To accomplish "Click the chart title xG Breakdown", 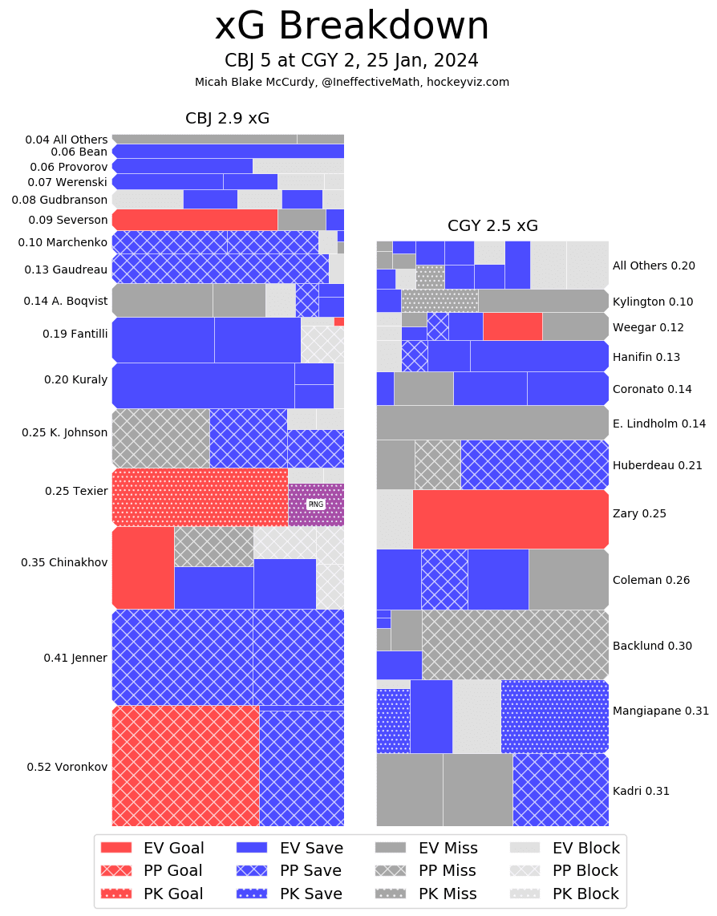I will pos(351,26).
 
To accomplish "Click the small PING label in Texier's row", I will pos(316,505).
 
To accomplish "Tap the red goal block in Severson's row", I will pos(195,220).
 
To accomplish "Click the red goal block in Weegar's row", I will pos(512,326).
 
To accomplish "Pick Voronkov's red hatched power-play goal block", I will pos(185,766).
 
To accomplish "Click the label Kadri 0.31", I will pos(641,791).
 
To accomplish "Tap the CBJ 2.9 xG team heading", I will pos(227,119).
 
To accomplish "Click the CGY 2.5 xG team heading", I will pos(492,225).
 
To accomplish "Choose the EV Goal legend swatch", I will pos(116,848).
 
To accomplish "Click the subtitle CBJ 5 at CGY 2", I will pos(351,61).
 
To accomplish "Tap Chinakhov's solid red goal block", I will pos(143,567).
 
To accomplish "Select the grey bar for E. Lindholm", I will pos(492,423).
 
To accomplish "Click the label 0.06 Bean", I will pos(79,152).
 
